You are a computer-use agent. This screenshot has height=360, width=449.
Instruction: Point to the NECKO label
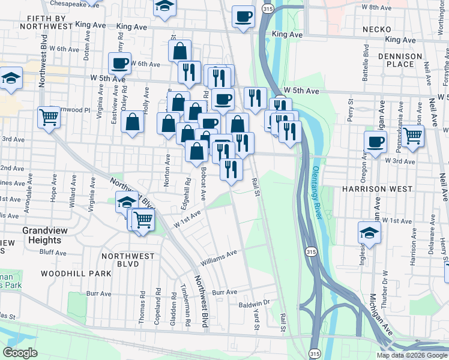(376, 29)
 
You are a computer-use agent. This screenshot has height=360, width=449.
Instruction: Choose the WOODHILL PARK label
(76, 273)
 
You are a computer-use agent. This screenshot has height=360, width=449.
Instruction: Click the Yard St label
(255, 321)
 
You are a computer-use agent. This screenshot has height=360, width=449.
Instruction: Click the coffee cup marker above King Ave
(243, 17)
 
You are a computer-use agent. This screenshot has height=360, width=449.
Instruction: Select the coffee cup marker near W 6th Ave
(119, 62)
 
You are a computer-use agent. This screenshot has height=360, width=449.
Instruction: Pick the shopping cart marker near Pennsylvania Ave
(412, 136)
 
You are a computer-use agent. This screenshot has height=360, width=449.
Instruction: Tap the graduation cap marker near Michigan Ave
(369, 232)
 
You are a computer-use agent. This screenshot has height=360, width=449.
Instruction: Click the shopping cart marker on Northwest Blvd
(48, 117)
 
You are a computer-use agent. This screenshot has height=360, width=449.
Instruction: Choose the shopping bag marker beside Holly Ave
(132, 124)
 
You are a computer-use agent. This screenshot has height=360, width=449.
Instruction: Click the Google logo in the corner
(20, 353)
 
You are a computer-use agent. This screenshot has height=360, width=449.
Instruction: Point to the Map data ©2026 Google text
(412, 355)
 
